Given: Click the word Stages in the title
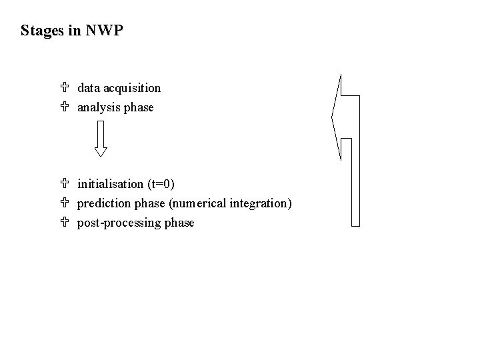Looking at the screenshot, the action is (42, 31).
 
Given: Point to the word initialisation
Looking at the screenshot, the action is (110, 184).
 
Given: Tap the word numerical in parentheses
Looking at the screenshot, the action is (202, 203).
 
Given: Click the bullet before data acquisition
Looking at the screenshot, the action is (64, 88).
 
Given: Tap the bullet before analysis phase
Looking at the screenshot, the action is (64, 107).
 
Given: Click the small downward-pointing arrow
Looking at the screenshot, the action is (100, 141).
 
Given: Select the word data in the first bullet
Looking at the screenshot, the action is (88, 88).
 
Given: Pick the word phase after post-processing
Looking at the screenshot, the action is (179, 223).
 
